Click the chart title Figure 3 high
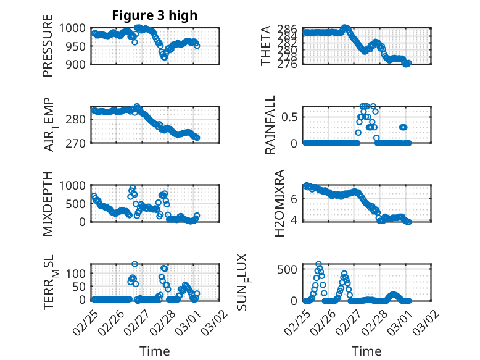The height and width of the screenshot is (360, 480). (155, 16)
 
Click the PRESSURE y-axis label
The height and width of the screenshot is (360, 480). (48, 50)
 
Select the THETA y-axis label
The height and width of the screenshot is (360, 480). (266, 46)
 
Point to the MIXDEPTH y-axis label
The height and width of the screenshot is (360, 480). (48, 204)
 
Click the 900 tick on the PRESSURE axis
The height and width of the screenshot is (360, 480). (78, 64)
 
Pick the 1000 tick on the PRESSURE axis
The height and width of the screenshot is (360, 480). (76, 28)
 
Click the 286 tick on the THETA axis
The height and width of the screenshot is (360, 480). (290, 29)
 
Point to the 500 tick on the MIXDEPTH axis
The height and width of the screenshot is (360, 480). (78, 203)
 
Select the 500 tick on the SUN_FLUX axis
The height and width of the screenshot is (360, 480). (290, 269)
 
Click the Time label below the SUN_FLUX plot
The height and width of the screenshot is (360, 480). (366, 351)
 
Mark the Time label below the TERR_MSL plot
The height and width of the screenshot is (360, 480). (155, 351)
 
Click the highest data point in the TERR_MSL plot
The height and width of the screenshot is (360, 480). (134, 264)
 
